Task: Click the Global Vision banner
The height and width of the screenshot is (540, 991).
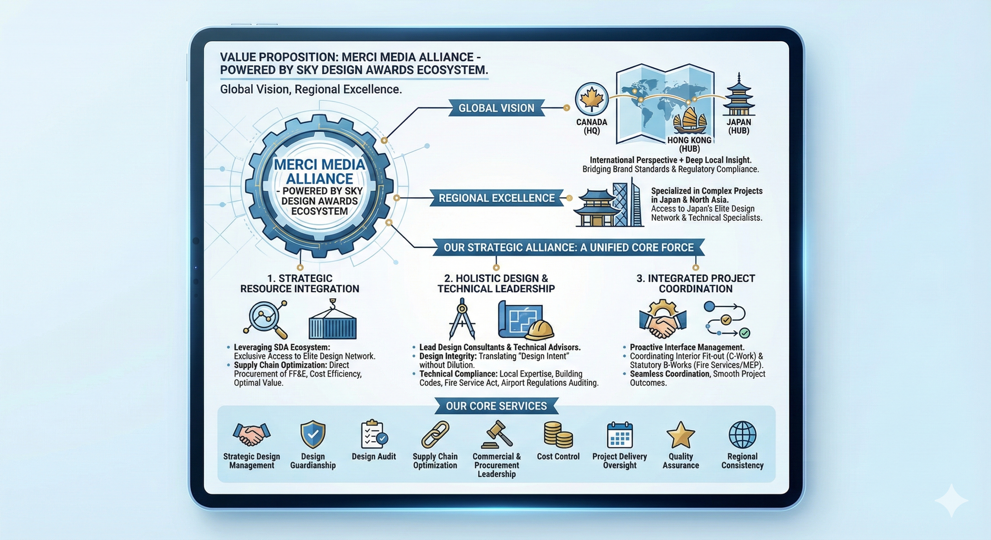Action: click(x=496, y=108)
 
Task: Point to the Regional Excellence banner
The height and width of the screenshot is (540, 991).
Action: click(x=496, y=198)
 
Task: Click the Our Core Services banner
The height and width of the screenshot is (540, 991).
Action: click(x=496, y=406)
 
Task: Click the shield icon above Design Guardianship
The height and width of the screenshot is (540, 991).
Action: click(x=313, y=434)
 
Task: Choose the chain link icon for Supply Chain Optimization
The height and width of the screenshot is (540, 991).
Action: click(x=435, y=435)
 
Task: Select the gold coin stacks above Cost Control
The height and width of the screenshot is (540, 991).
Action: click(x=558, y=434)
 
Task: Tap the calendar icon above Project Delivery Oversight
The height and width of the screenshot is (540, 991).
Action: click(x=620, y=435)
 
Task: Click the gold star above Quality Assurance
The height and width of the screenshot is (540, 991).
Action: click(x=681, y=435)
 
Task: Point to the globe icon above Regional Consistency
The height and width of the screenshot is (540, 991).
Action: click(x=742, y=434)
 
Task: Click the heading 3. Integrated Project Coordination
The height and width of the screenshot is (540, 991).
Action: click(x=696, y=283)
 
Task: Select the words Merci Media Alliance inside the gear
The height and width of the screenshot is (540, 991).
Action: click(x=319, y=171)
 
